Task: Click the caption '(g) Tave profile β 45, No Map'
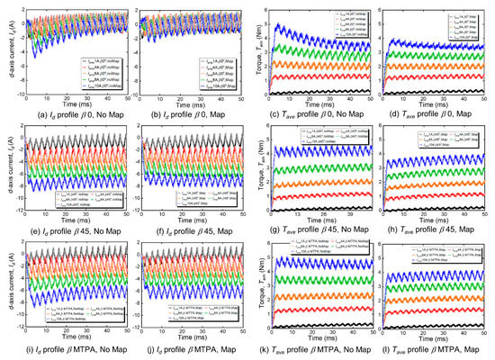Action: click(316, 232)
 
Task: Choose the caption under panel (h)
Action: click(437, 232)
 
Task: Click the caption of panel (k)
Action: click(316, 353)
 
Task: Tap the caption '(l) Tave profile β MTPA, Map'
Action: click(437, 353)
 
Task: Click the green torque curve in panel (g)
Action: click(324, 167)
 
